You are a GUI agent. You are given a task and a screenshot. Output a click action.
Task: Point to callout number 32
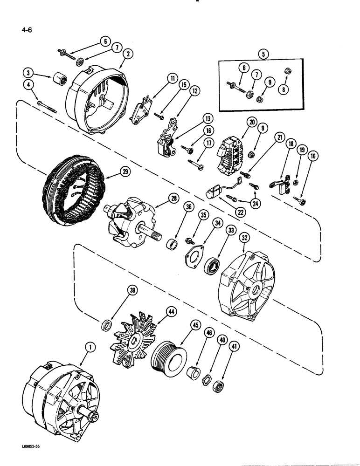pyautogui.click(x=243, y=238)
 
